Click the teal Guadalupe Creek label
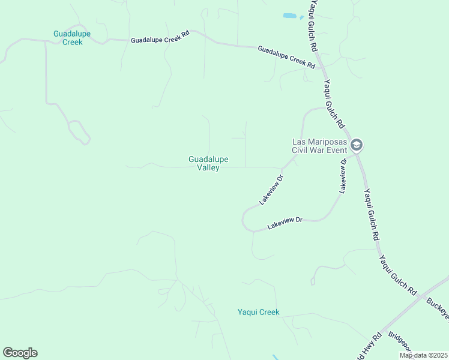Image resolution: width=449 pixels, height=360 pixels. tap(72, 38)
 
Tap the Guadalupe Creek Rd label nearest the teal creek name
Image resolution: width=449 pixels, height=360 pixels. tap(160, 36)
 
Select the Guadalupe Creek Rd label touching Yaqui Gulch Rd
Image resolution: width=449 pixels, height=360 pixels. tap(286, 56)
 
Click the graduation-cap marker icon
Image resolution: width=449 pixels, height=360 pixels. tap(357, 145)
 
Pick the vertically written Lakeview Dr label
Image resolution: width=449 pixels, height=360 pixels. tap(343, 175)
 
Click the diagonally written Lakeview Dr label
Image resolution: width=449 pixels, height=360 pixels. tap(271, 190)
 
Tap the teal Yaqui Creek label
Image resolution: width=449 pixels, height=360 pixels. tap(258, 312)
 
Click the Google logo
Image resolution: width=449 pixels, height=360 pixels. tap(20, 353)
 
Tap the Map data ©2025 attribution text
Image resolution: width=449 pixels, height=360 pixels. tap(424, 355)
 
